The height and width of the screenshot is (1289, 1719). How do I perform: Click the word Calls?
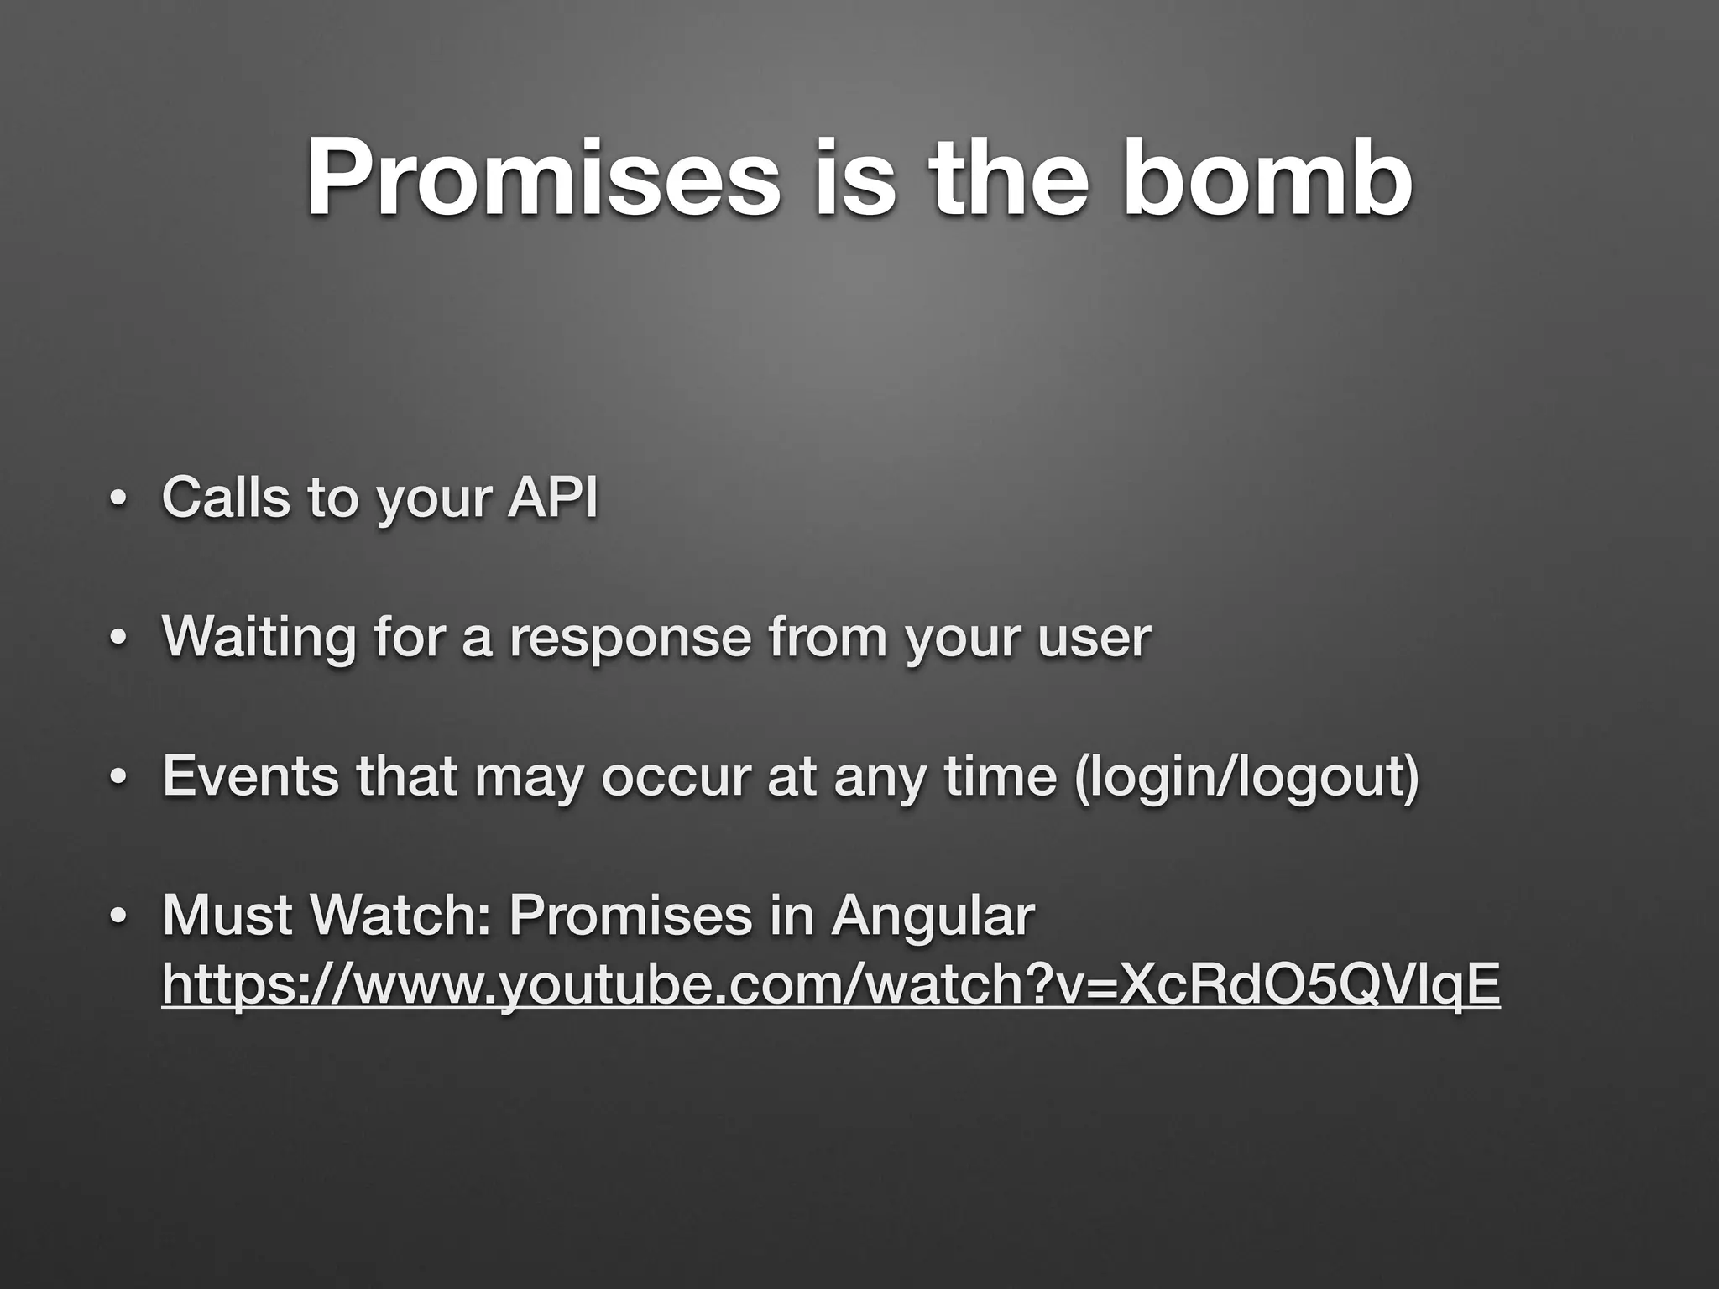tap(225, 497)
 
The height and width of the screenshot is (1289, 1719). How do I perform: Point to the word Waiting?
tap(259, 637)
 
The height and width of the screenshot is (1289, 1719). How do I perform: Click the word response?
tap(630, 637)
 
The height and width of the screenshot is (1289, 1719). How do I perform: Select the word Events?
tap(251, 776)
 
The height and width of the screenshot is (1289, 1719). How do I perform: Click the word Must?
tap(225, 916)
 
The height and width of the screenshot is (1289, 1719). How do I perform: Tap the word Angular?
tap(933, 917)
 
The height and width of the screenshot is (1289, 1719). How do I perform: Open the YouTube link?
tap(830, 984)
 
